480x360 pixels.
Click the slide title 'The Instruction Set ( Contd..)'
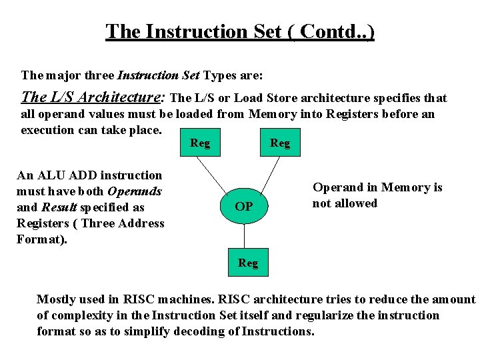[240, 31]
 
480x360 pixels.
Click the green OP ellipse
[245, 207]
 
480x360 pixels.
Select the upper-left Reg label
[200, 143]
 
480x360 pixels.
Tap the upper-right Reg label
[280, 143]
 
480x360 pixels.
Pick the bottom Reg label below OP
[248, 263]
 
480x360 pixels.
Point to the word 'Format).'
[42, 239]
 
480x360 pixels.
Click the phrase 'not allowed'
[345, 203]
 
